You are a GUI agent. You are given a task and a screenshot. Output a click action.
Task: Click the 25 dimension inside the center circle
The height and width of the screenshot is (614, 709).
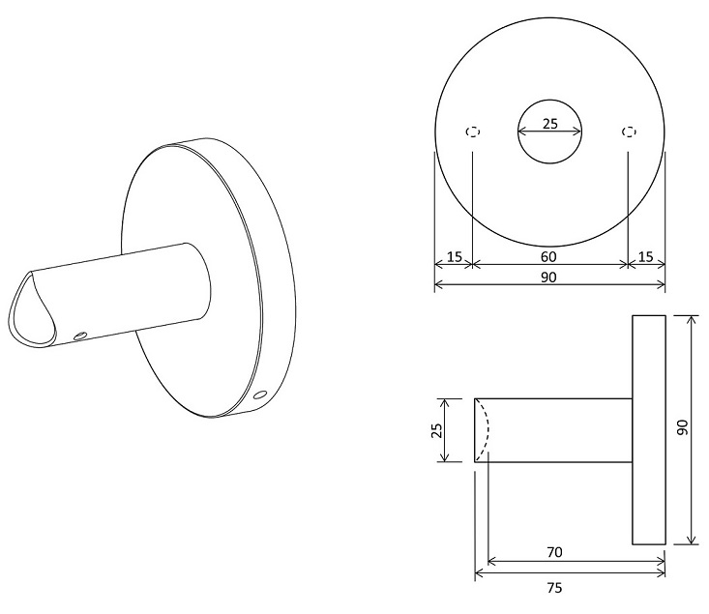click(549, 124)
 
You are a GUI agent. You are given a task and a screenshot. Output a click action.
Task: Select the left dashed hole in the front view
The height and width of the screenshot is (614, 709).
click(473, 132)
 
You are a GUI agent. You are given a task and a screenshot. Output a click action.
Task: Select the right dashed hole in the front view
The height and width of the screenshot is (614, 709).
click(629, 132)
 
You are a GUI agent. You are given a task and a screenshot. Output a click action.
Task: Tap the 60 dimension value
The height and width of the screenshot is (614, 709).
click(548, 257)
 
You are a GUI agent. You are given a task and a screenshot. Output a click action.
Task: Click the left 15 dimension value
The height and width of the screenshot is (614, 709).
click(455, 257)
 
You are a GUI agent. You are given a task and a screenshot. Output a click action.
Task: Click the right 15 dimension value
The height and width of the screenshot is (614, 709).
click(646, 257)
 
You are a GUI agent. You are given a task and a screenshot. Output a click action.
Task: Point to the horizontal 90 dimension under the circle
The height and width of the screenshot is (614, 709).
click(548, 278)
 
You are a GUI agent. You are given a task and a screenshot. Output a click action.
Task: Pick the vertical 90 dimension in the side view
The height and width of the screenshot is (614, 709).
click(682, 427)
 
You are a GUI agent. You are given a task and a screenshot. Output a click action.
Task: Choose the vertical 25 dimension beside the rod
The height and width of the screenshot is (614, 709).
click(437, 430)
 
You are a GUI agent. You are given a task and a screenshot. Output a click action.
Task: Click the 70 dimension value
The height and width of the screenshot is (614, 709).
click(554, 552)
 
